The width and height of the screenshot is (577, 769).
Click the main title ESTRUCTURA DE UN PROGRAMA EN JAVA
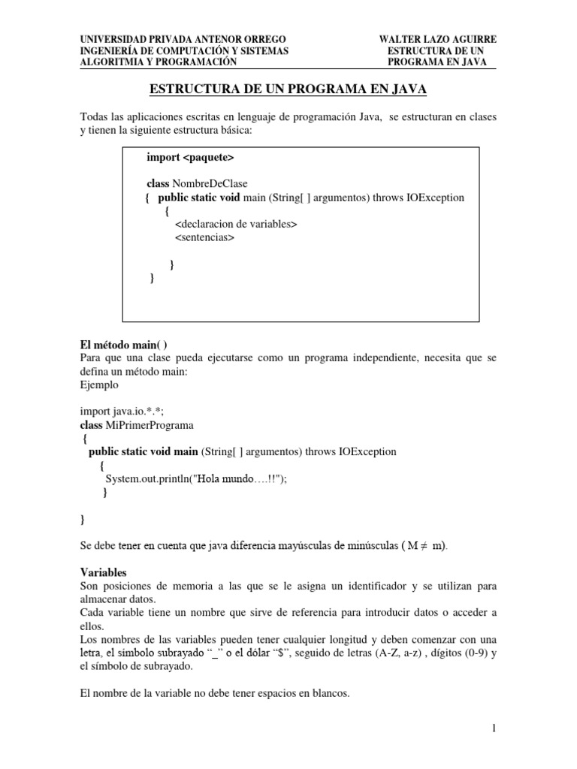(x=288, y=89)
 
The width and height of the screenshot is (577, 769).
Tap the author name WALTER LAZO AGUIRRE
(x=437, y=39)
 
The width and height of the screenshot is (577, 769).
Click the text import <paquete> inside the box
(x=190, y=158)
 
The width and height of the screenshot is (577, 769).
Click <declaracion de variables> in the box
(x=236, y=224)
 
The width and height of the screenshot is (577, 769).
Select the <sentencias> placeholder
(x=204, y=237)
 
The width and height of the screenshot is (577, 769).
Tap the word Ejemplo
(x=98, y=384)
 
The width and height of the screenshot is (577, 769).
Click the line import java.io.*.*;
(x=122, y=412)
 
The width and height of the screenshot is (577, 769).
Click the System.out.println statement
(x=197, y=479)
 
